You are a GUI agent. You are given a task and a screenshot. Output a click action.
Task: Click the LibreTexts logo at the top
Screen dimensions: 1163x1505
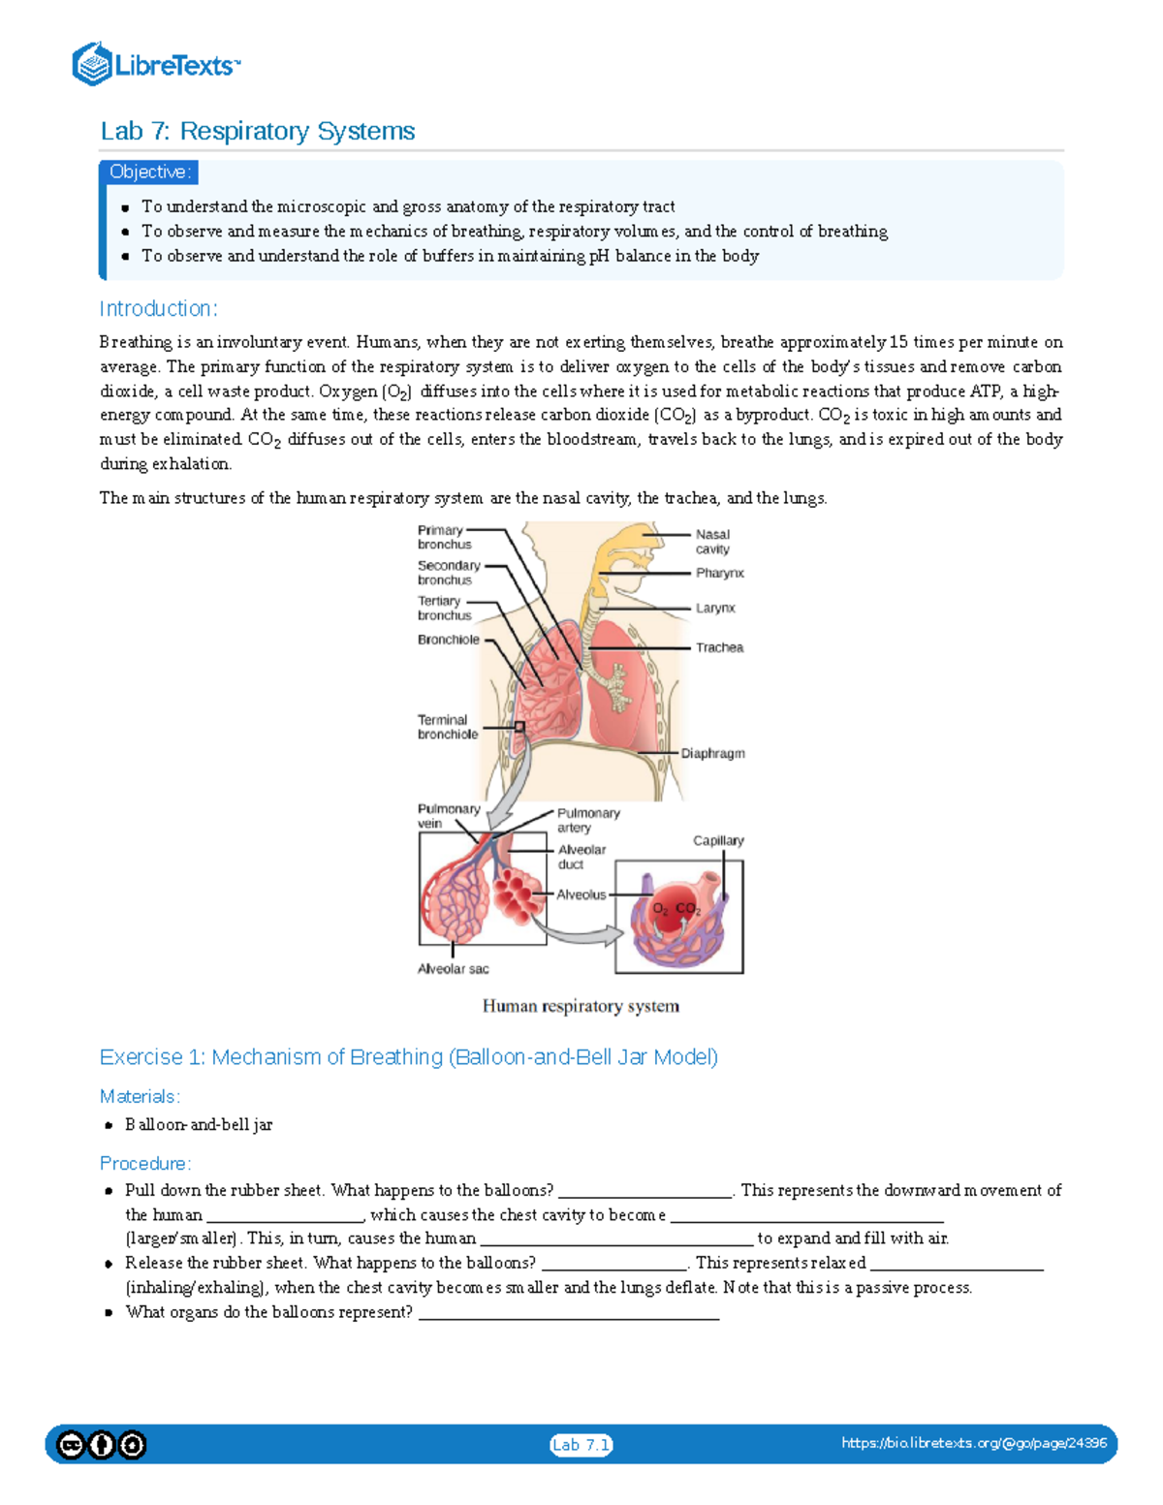[x=155, y=65]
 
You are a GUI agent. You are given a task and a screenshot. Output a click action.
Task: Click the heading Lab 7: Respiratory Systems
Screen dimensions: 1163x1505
[x=257, y=131]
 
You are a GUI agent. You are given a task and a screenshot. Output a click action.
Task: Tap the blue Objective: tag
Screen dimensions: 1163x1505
[x=150, y=172]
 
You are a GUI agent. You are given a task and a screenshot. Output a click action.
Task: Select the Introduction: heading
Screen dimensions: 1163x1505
[x=158, y=309]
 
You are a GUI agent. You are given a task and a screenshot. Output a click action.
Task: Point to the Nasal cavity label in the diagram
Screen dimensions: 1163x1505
[x=712, y=542]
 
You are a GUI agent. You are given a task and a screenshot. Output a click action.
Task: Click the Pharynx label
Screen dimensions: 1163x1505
[x=719, y=573]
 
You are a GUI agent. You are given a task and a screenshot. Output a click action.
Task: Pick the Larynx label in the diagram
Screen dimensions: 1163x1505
[x=715, y=609]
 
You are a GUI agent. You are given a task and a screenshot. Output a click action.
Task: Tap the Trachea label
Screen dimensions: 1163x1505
[x=719, y=647]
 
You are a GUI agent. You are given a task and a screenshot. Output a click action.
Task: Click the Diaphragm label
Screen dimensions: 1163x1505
[x=712, y=753]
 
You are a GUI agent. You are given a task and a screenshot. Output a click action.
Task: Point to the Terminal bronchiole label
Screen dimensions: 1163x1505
[x=447, y=727]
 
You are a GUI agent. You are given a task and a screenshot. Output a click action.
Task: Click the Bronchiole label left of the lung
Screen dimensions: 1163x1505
[x=448, y=640]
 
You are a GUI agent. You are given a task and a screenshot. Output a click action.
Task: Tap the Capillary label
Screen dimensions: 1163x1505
[x=718, y=840]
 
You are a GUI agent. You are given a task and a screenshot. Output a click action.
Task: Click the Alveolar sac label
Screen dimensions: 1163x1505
[x=453, y=969]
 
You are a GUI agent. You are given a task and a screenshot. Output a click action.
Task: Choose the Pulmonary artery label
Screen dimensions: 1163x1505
[x=588, y=820]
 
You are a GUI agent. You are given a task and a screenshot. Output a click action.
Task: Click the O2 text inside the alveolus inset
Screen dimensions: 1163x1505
[x=660, y=909]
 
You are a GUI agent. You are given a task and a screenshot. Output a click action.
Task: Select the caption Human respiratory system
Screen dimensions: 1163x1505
[x=581, y=1006]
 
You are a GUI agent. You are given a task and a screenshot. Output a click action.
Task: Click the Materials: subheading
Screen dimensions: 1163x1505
[x=140, y=1096]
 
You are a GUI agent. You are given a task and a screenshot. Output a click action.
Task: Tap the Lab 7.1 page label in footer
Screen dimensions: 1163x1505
[x=581, y=1445]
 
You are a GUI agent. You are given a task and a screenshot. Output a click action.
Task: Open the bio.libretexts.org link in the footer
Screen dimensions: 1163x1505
[x=974, y=1443]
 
